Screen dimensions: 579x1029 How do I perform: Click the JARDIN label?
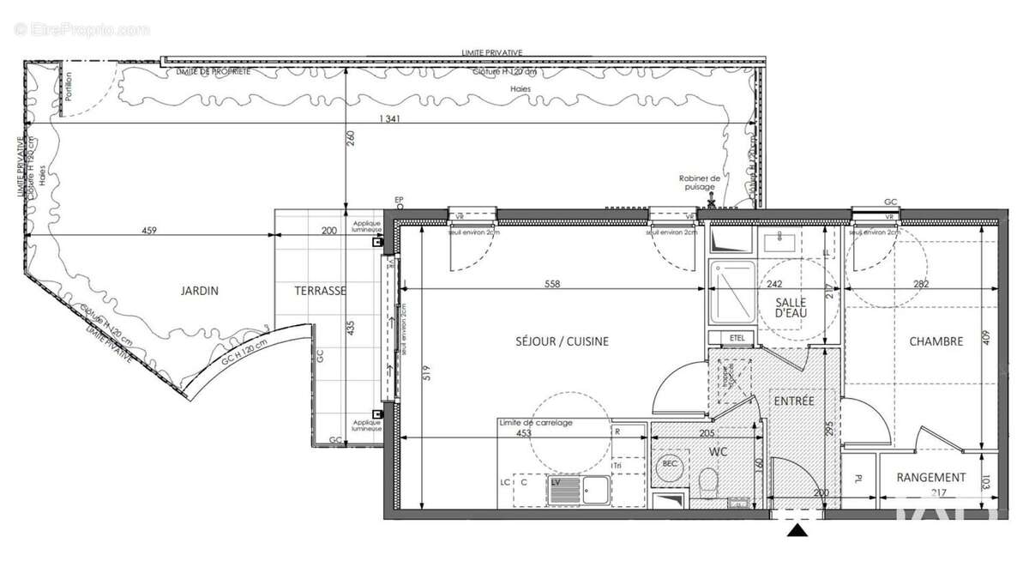click(199, 291)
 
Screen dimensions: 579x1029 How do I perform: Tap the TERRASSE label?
click(321, 291)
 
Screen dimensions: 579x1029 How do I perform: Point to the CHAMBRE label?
click(936, 341)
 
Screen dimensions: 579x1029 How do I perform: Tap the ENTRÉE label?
click(793, 401)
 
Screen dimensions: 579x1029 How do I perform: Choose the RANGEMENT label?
click(931, 478)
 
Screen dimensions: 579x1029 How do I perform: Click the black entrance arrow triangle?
click(798, 532)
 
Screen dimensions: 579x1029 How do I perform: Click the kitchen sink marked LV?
click(566, 490)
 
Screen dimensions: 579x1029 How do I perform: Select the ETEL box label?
click(737, 336)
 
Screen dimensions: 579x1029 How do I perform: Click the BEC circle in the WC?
click(669, 466)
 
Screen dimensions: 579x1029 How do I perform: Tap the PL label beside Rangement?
click(858, 479)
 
